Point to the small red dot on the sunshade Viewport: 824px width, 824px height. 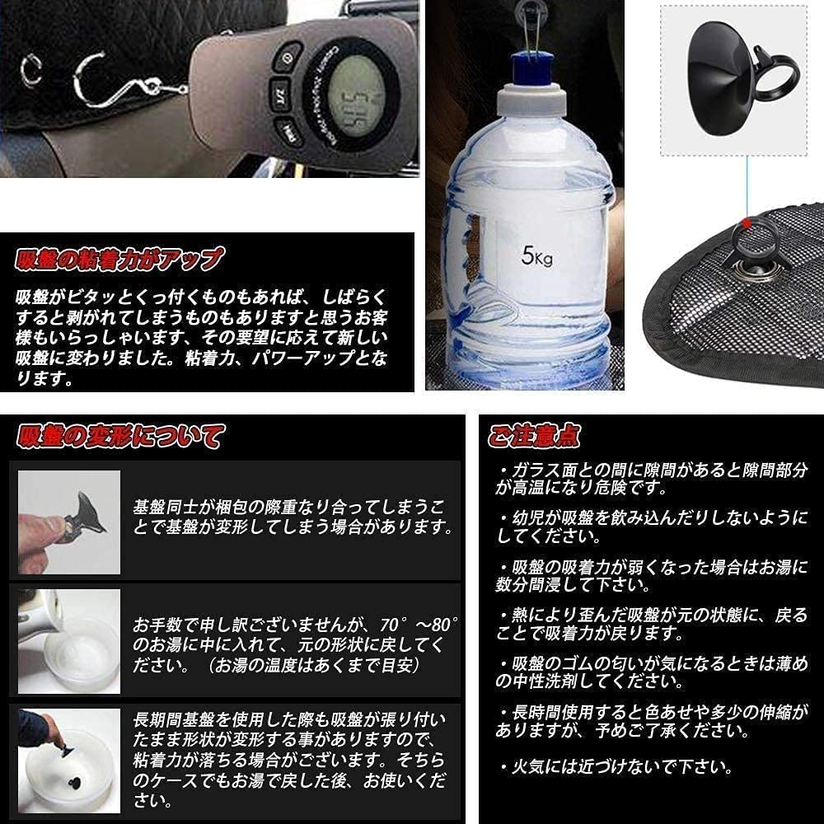(747, 222)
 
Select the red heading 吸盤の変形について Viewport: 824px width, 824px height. (119, 434)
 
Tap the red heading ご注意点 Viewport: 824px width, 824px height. (534, 434)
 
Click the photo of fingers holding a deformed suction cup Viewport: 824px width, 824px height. (69, 522)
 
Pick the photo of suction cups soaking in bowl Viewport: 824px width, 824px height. (69, 759)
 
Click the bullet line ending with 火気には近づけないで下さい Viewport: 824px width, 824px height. (620, 766)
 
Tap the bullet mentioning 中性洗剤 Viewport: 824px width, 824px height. (651, 673)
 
